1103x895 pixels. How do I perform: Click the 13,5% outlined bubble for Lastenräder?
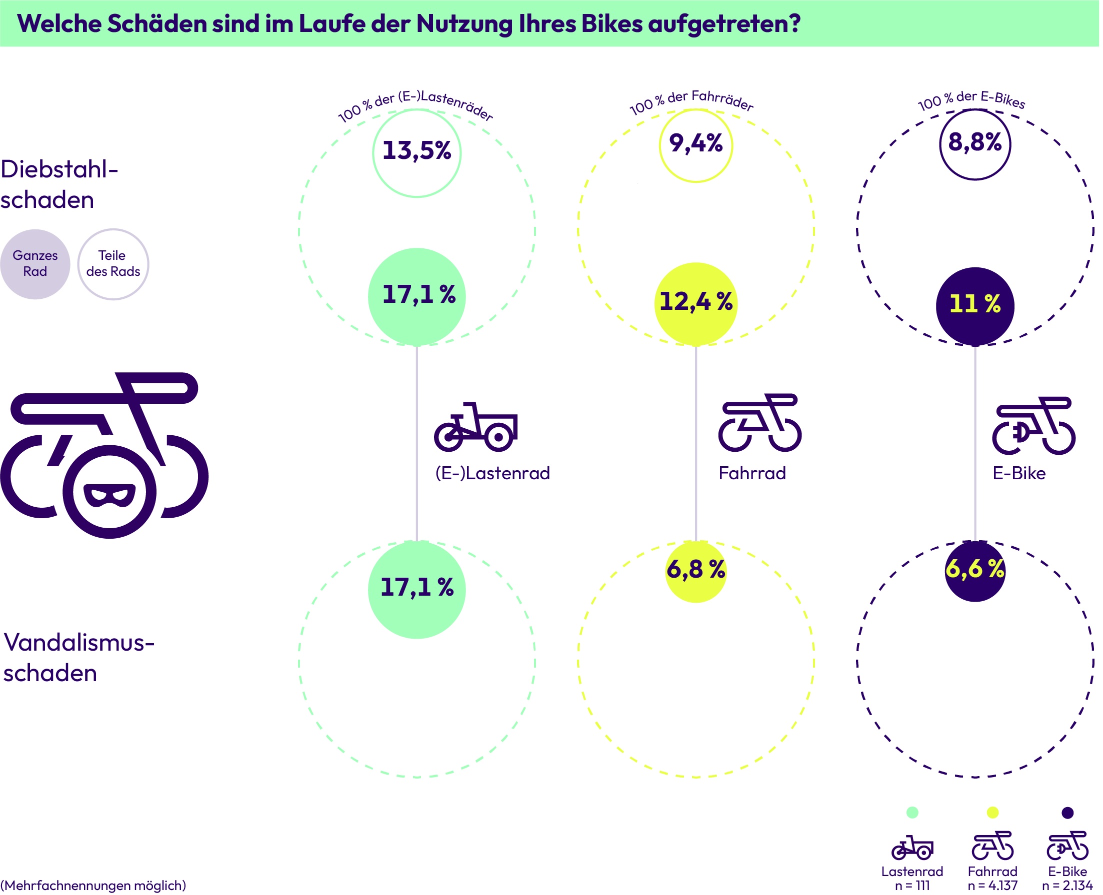coord(417,153)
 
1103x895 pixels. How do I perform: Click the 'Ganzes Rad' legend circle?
coord(35,264)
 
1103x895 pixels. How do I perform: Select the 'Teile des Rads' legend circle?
coord(113,264)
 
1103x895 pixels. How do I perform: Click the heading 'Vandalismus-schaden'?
coord(78,658)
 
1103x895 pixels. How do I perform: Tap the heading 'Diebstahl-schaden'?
coord(59,184)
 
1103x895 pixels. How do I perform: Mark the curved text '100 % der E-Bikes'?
coord(972,100)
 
